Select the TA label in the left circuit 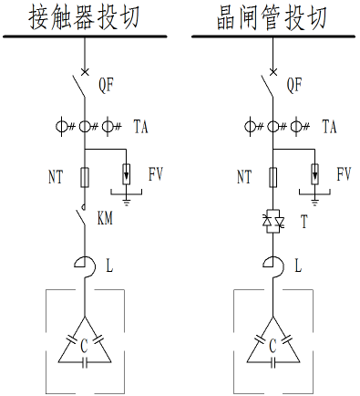click(x=141, y=127)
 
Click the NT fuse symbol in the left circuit click(x=85, y=174)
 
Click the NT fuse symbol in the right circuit click(x=271, y=174)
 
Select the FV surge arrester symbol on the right click(x=314, y=172)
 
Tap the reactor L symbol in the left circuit click(x=84, y=266)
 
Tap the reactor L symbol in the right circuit click(x=271, y=266)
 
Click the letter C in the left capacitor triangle click(x=85, y=345)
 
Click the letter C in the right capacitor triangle click(x=272, y=345)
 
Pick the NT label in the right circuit click(x=244, y=173)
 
